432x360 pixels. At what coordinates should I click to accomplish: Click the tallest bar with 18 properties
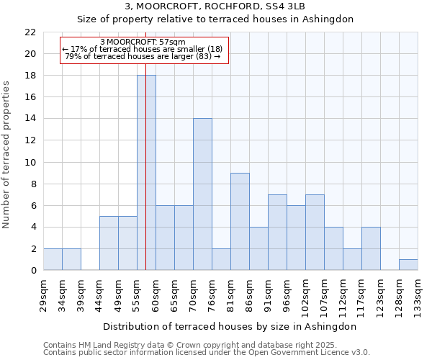(x=146, y=173)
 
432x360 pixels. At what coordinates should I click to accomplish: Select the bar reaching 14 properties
(x=202, y=194)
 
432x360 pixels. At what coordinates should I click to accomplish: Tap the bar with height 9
(x=240, y=222)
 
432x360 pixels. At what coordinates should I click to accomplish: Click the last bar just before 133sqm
(x=408, y=265)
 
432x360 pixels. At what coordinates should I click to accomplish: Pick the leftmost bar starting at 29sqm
(x=53, y=260)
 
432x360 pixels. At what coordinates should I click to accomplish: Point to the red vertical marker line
(x=145, y=144)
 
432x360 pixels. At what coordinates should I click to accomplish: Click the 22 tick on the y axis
(x=30, y=32)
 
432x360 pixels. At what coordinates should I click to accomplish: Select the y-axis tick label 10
(x=30, y=163)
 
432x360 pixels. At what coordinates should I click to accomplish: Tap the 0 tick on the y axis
(x=32, y=271)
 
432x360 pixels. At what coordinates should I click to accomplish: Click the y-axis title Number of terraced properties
(x=6, y=155)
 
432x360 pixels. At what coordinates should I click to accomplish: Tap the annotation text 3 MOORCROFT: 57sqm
(x=143, y=42)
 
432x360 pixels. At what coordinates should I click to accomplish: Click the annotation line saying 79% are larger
(x=143, y=56)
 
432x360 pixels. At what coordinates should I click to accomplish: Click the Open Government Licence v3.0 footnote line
(x=206, y=353)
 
